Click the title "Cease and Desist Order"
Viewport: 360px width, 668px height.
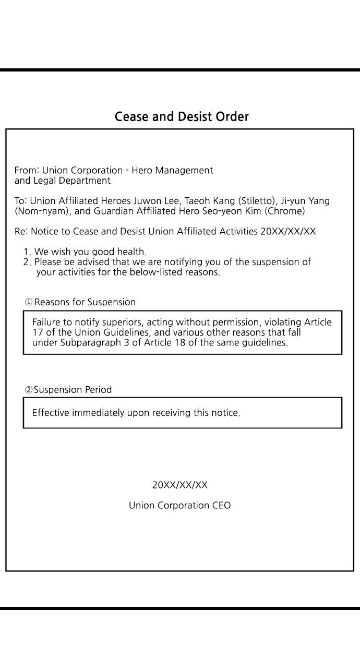click(x=182, y=116)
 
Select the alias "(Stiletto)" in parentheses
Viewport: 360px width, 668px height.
click(x=257, y=201)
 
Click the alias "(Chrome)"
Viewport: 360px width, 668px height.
click(x=285, y=211)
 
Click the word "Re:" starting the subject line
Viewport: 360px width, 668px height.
click(x=21, y=231)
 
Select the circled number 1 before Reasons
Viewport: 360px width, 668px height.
click(x=29, y=302)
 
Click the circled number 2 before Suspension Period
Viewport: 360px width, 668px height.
click(x=29, y=390)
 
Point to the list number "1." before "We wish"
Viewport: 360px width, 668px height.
click(x=27, y=252)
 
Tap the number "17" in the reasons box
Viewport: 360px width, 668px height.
click(x=37, y=332)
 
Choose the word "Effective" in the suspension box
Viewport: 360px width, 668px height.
click(x=51, y=413)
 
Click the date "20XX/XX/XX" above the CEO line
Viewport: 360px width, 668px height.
click(x=179, y=485)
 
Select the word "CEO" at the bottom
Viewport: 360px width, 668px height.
click(x=221, y=505)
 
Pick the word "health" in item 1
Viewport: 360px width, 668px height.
click(x=131, y=252)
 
